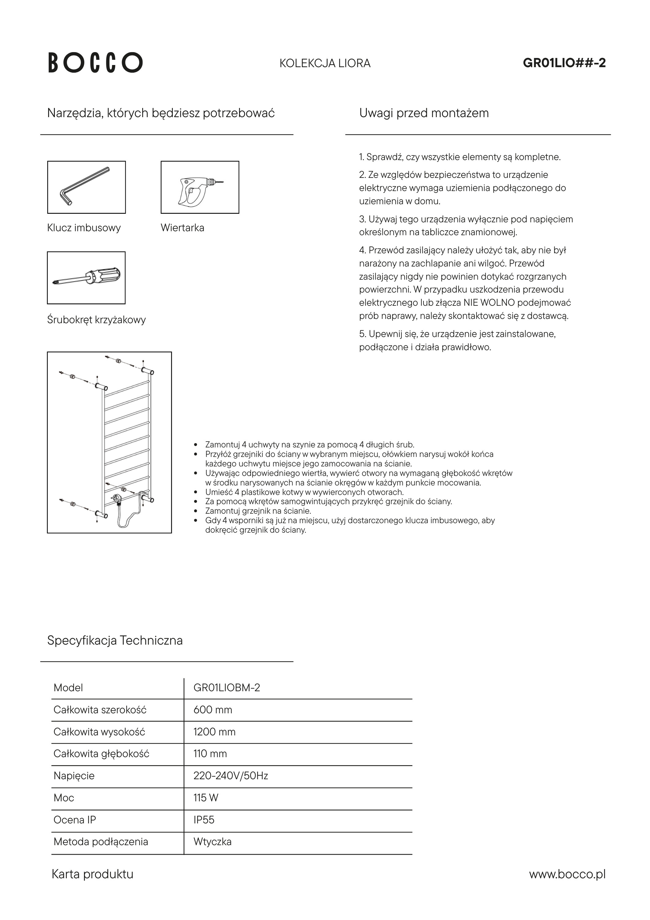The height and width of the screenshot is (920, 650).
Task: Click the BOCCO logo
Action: (95, 63)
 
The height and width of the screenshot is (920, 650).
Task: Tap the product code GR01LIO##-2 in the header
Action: (564, 63)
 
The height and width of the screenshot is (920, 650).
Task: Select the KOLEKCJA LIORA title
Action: (325, 63)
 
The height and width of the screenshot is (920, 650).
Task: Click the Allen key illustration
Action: (86, 187)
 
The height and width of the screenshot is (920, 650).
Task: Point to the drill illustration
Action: (200, 187)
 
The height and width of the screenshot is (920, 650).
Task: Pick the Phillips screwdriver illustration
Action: (86, 278)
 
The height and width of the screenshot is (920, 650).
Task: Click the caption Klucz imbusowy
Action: (84, 228)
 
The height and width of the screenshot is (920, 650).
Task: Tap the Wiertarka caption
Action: (182, 228)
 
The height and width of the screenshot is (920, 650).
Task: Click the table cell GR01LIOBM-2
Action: (227, 688)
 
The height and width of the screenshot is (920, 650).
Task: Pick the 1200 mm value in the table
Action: (214, 732)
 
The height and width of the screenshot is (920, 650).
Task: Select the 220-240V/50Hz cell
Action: (231, 776)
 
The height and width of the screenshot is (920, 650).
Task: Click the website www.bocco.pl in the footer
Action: (567, 874)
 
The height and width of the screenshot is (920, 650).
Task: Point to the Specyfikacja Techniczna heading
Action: (115, 640)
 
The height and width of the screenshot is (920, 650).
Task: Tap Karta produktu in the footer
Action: (93, 874)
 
